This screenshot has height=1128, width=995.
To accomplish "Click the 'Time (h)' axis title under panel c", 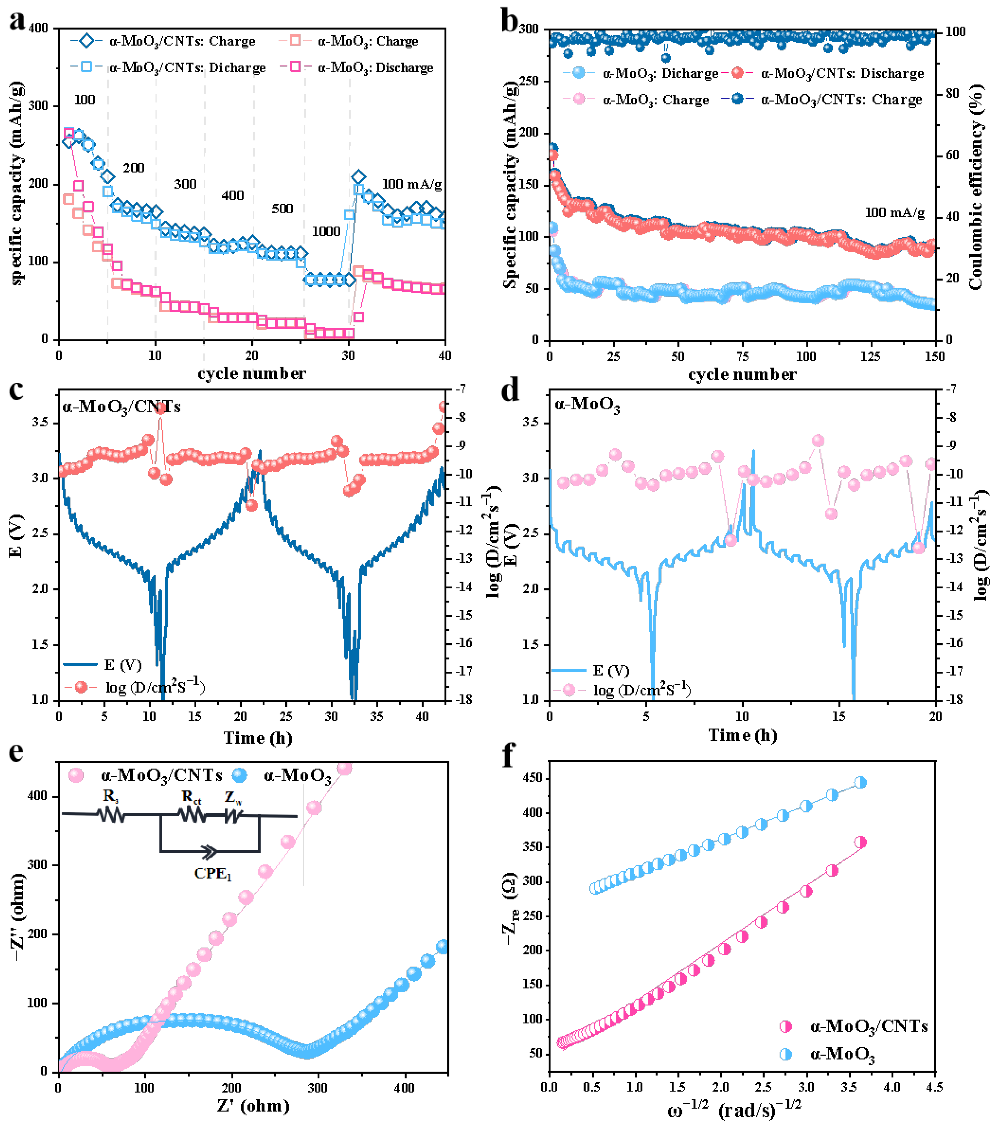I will [258, 738].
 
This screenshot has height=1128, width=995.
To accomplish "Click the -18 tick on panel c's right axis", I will [463, 699].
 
